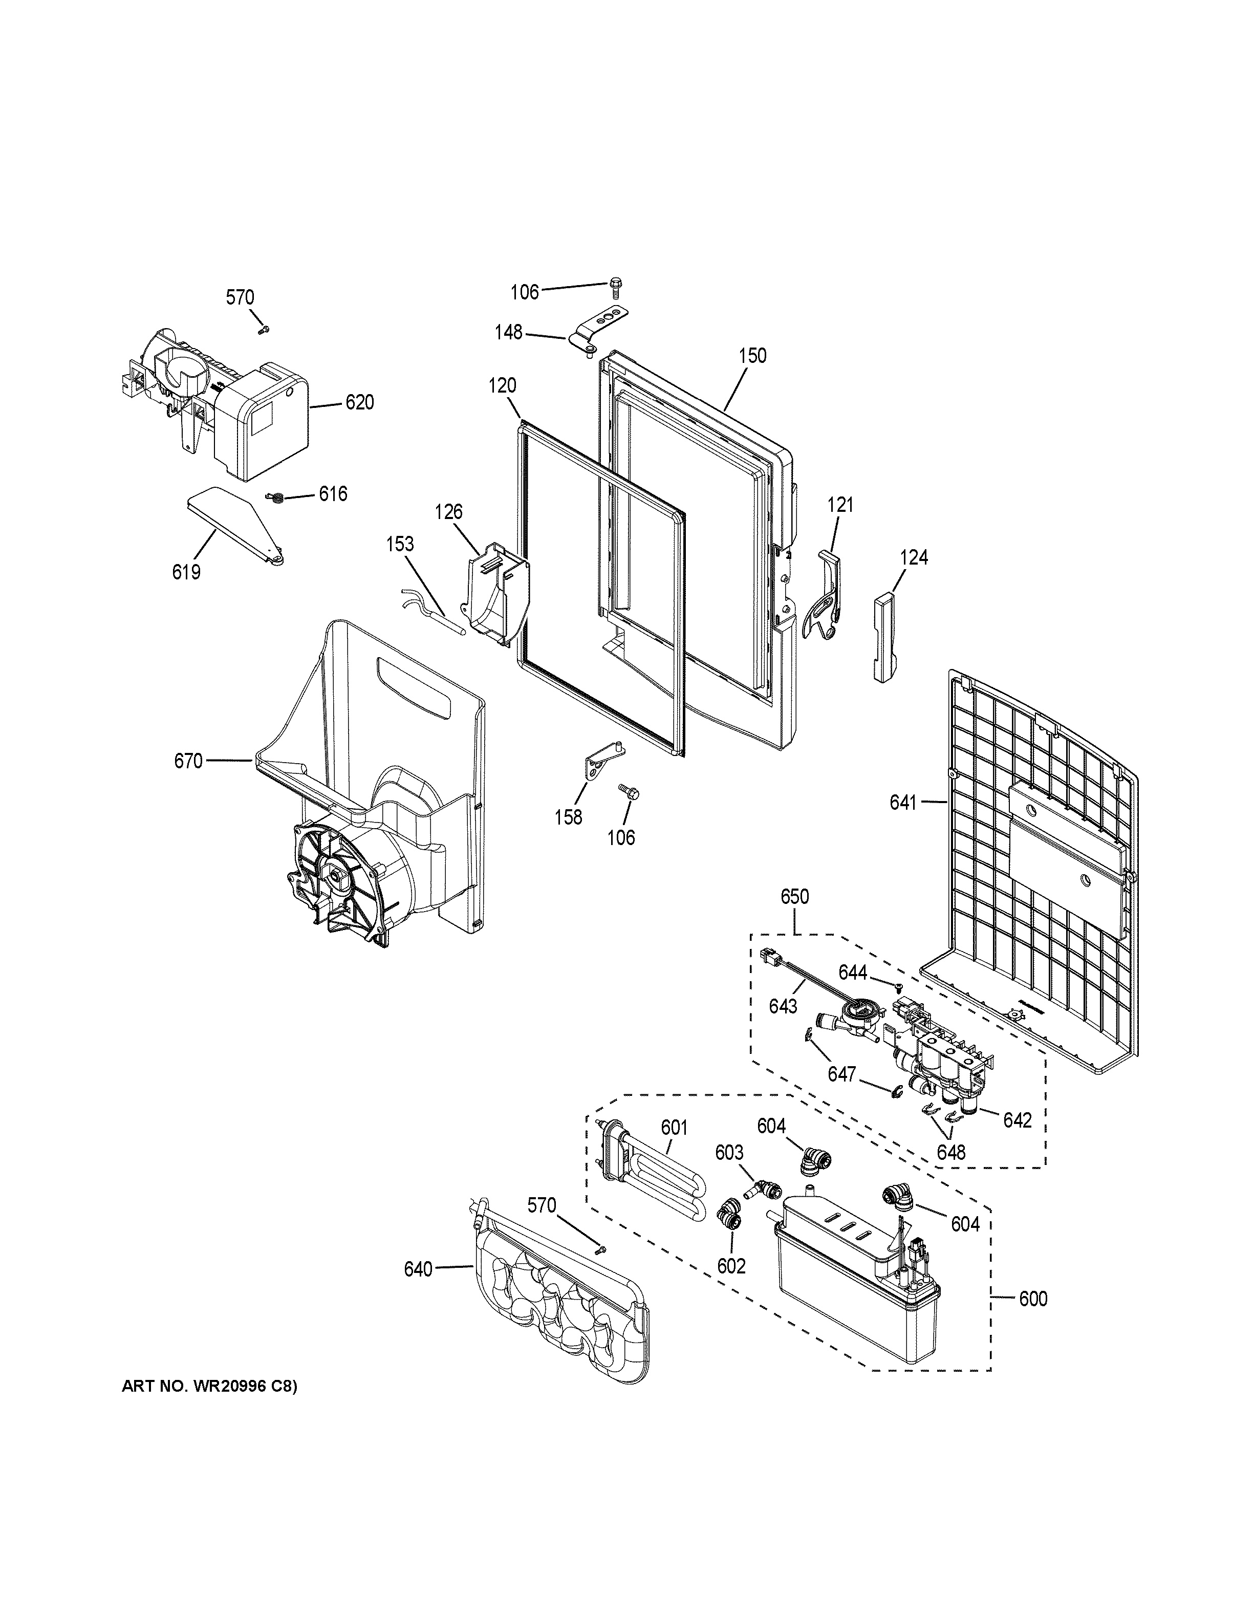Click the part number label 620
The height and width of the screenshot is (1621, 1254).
[x=359, y=402]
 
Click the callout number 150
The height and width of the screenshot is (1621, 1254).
[x=752, y=356]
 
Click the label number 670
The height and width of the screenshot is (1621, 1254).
[x=188, y=761]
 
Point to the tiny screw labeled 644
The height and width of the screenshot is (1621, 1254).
[x=899, y=987]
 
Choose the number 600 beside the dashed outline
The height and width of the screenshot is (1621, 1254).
[x=1033, y=1299]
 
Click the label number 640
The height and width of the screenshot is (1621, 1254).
[x=418, y=1270]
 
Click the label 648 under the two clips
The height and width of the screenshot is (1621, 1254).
[x=950, y=1152]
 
